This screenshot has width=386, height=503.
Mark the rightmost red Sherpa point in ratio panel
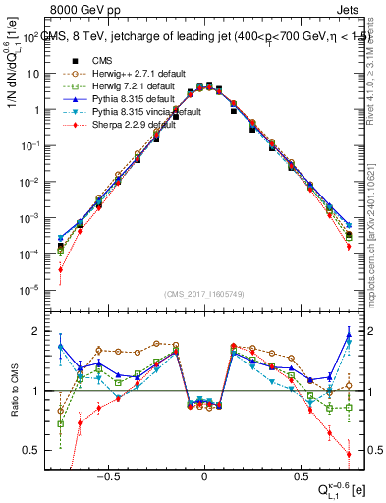pyautogui.click(x=349, y=454)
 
